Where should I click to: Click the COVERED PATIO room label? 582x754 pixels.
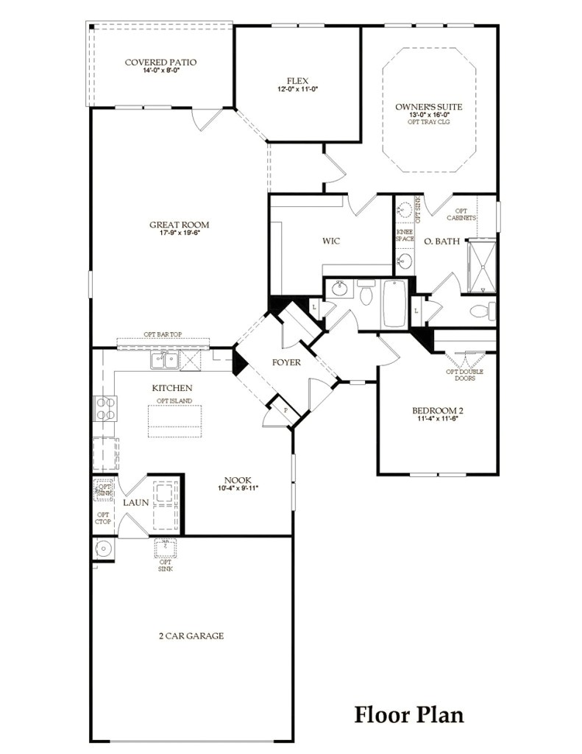click(x=160, y=63)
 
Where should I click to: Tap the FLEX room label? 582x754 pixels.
click(x=297, y=81)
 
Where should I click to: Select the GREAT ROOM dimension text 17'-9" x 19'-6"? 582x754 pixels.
click(x=180, y=233)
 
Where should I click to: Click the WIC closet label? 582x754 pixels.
click(x=330, y=241)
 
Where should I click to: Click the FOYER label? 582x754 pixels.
click(x=287, y=362)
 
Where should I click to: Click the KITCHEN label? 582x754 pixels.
click(x=172, y=388)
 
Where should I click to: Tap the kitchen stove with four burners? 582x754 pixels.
click(x=104, y=408)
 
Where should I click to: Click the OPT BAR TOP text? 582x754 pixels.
click(x=164, y=334)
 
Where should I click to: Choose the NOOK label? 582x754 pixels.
click(x=238, y=479)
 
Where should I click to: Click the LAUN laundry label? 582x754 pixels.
click(x=136, y=502)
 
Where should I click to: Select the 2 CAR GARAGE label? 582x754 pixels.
click(x=191, y=635)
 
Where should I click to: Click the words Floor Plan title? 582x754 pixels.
click(x=409, y=714)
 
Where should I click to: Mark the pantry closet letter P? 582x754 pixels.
click(x=285, y=409)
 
